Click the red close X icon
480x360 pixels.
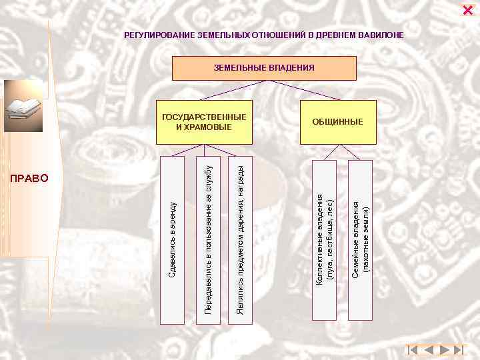point(467,9)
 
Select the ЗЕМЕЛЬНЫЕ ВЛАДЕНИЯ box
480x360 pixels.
point(264,68)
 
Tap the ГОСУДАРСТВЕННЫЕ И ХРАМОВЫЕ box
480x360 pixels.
point(204,122)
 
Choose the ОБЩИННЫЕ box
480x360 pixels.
point(338,122)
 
